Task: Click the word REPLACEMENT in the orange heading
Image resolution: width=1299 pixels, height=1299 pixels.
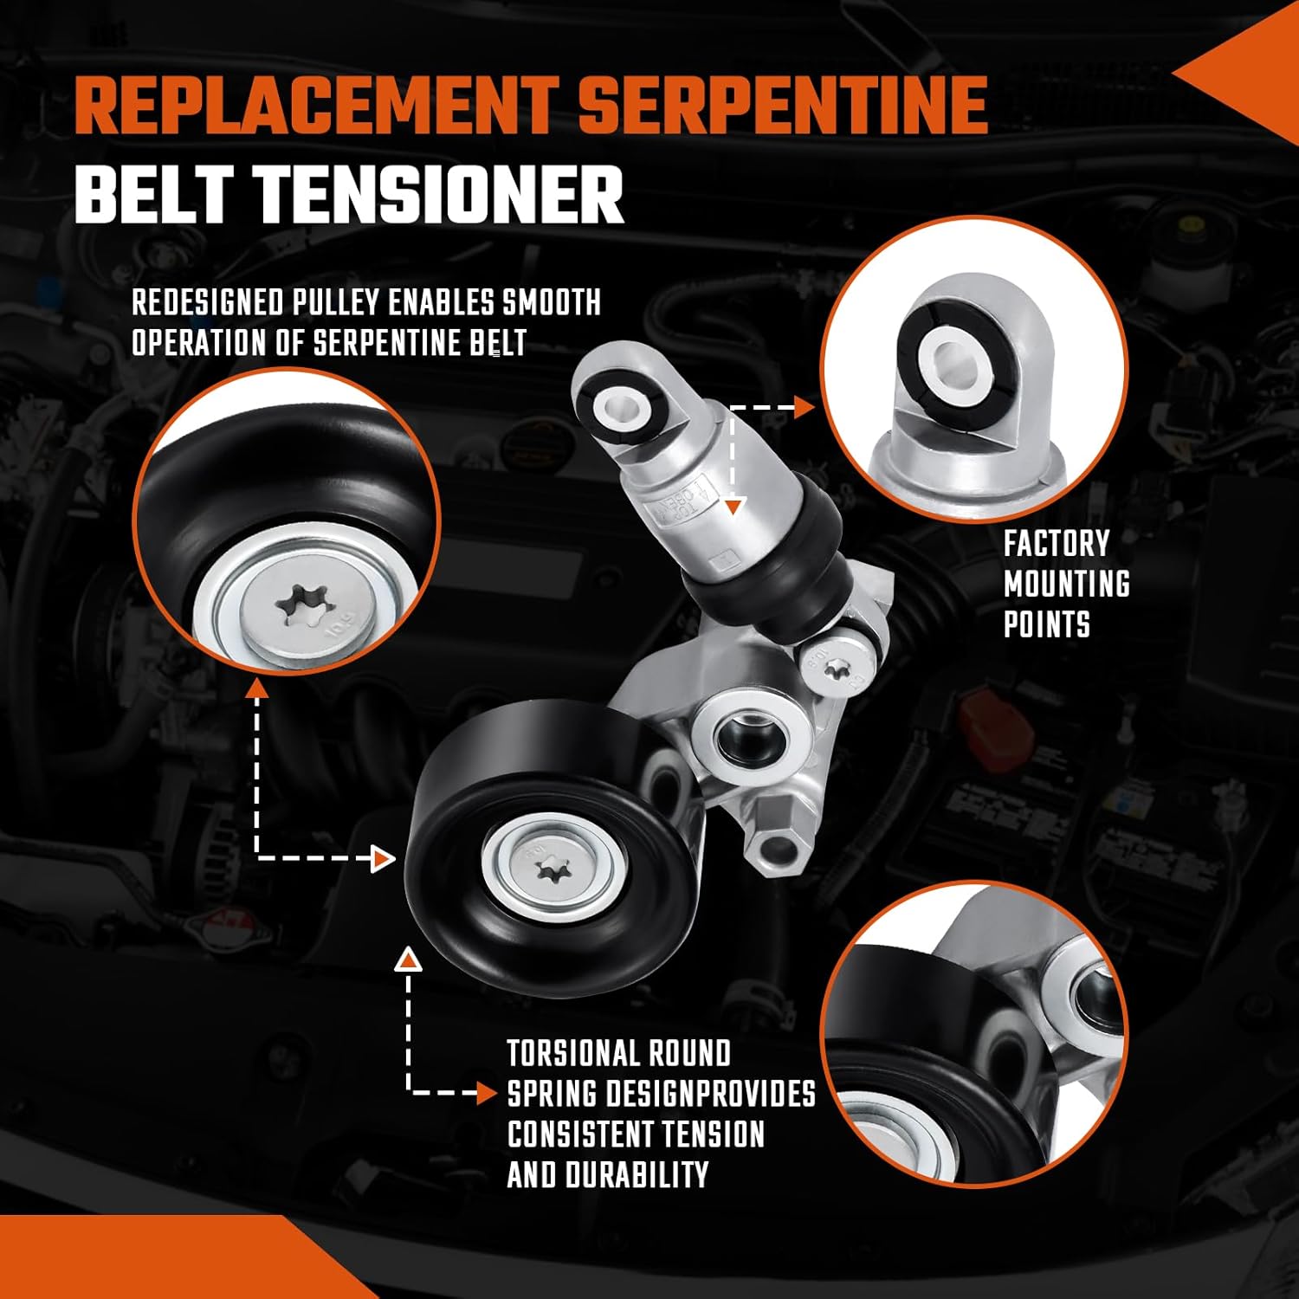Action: tap(315, 105)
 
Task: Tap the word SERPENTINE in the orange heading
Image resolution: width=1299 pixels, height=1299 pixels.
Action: tap(784, 105)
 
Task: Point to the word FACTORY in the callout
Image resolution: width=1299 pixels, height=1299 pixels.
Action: tap(1056, 544)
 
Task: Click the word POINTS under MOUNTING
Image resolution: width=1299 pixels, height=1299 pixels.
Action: tap(1046, 624)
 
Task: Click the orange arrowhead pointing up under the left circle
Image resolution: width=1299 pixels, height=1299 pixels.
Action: tap(255, 688)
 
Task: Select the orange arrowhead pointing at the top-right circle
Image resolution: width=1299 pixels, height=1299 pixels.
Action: tap(805, 406)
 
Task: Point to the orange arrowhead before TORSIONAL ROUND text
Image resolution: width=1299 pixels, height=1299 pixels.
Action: tap(488, 1093)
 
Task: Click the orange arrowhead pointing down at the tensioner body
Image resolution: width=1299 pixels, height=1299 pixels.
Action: tap(734, 507)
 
